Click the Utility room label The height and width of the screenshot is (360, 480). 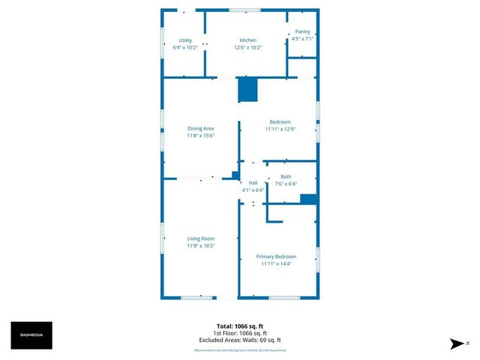coord(185,40)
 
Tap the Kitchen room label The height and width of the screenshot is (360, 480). coord(247,40)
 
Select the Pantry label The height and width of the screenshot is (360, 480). coord(302,31)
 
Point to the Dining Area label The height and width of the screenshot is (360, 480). coord(200,129)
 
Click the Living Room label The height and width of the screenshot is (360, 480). coord(200,238)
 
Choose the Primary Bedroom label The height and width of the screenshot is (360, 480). coord(278,256)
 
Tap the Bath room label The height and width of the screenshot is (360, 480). coord(286,177)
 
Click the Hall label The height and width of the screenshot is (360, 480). coord(253,183)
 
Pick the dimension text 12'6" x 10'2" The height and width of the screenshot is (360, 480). coord(247,47)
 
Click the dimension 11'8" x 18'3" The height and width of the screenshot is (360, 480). coord(200,246)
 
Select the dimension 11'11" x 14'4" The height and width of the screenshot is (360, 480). coord(278,264)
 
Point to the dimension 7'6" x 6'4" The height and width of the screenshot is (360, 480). coord(286,184)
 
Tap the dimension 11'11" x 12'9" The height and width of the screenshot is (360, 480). coord(280,129)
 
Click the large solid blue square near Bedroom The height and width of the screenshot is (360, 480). coord(247,90)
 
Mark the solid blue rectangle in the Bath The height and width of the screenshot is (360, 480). coord(308,199)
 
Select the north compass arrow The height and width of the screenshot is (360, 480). coord(454,343)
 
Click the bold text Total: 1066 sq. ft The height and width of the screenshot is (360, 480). coord(240,326)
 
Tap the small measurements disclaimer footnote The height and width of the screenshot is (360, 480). coord(240,350)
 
